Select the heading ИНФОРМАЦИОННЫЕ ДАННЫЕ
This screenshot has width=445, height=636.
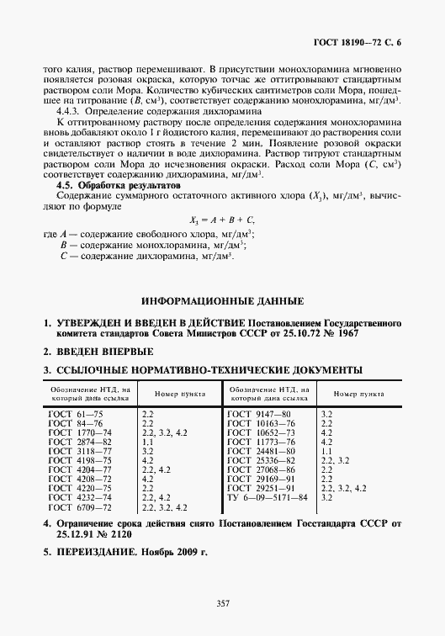[222, 300]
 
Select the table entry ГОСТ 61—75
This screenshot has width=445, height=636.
[75, 415]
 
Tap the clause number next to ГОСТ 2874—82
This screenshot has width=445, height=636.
[147, 441]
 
